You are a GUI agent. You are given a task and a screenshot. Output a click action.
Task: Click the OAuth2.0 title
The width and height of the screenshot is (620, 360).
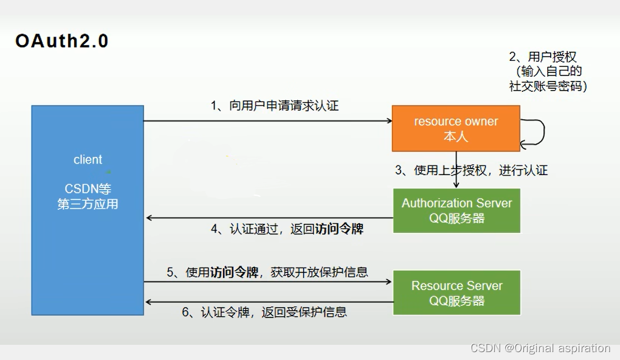click(62, 41)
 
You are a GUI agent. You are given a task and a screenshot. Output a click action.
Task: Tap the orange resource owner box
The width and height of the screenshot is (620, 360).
click(456, 128)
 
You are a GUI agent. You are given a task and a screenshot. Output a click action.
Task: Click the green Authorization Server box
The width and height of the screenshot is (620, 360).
click(456, 210)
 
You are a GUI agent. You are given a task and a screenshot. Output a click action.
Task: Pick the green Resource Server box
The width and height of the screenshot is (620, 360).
click(456, 292)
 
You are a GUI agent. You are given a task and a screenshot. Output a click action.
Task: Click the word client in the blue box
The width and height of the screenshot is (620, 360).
click(88, 160)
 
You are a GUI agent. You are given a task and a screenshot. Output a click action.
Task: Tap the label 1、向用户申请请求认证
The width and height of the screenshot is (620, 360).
click(275, 106)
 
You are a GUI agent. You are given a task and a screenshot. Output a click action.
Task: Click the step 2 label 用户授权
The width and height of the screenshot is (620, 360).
click(543, 57)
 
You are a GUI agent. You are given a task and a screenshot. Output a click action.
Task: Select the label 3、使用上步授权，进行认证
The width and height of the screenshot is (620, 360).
click(472, 170)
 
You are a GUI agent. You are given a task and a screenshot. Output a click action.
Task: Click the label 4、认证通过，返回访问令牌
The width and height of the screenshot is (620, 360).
click(288, 229)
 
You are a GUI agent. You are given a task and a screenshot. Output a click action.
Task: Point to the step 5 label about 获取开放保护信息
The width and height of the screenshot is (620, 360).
click(267, 272)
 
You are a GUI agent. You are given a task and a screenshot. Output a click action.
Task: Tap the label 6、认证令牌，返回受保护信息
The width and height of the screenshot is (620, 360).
click(264, 312)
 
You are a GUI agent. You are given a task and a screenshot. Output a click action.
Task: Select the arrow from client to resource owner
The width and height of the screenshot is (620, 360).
click(267, 121)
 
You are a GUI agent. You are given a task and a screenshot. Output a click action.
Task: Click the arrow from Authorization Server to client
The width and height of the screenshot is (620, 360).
click(267, 218)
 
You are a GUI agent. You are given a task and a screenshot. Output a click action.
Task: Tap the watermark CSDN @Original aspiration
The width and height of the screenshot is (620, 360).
click(540, 348)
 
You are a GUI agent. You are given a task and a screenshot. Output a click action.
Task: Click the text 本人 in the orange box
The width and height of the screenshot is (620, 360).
click(456, 136)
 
